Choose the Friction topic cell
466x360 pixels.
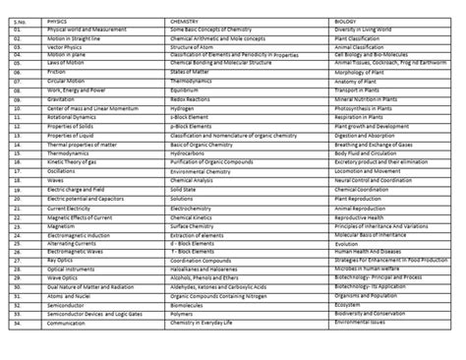[56, 72]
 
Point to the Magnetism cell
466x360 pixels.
[61, 226]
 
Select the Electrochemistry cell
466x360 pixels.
[196, 209]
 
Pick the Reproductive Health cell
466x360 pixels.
[360, 217]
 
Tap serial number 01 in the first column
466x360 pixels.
[17, 30]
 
